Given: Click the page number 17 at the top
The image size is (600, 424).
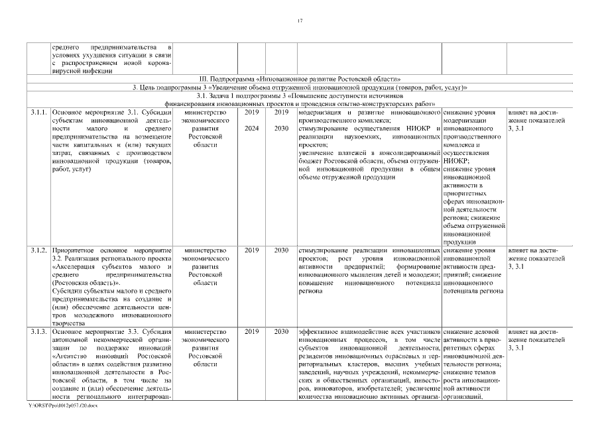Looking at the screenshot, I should [300, 22].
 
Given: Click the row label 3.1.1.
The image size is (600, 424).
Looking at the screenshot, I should [38, 113].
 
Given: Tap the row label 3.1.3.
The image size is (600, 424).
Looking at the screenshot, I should [38, 331].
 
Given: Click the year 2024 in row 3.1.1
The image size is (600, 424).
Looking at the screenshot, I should [252, 129].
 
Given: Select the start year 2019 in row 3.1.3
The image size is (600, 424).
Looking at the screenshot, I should [252, 331].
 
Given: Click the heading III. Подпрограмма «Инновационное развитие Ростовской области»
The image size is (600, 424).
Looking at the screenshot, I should [300, 79].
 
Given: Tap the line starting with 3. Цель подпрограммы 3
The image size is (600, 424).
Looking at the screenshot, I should [300, 87].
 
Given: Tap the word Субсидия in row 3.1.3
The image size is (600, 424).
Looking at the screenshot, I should [158, 331].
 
